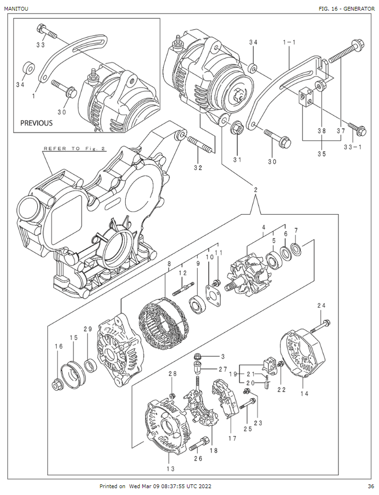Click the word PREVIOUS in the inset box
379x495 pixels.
pyautogui.click(x=36, y=123)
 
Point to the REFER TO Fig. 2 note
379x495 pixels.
pyautogui.click(x=74, y=148)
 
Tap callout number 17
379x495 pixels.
pyautogui.click(x=233, y=439)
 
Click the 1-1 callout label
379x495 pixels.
pyautogui.click(x=289, y=43)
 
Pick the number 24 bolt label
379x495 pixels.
pyautogui.click(x=321, y=305)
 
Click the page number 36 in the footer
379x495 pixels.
pyautogui.click(x=371, y=486)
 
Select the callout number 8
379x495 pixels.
pyautogui.click(x=169, y=264)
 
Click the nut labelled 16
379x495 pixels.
pyautogui.click(x=57, y=385)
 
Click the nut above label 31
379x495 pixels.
pyautogui.click(x=237, y=129)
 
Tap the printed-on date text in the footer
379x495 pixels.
pyautogui.click(x=155, y=486)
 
